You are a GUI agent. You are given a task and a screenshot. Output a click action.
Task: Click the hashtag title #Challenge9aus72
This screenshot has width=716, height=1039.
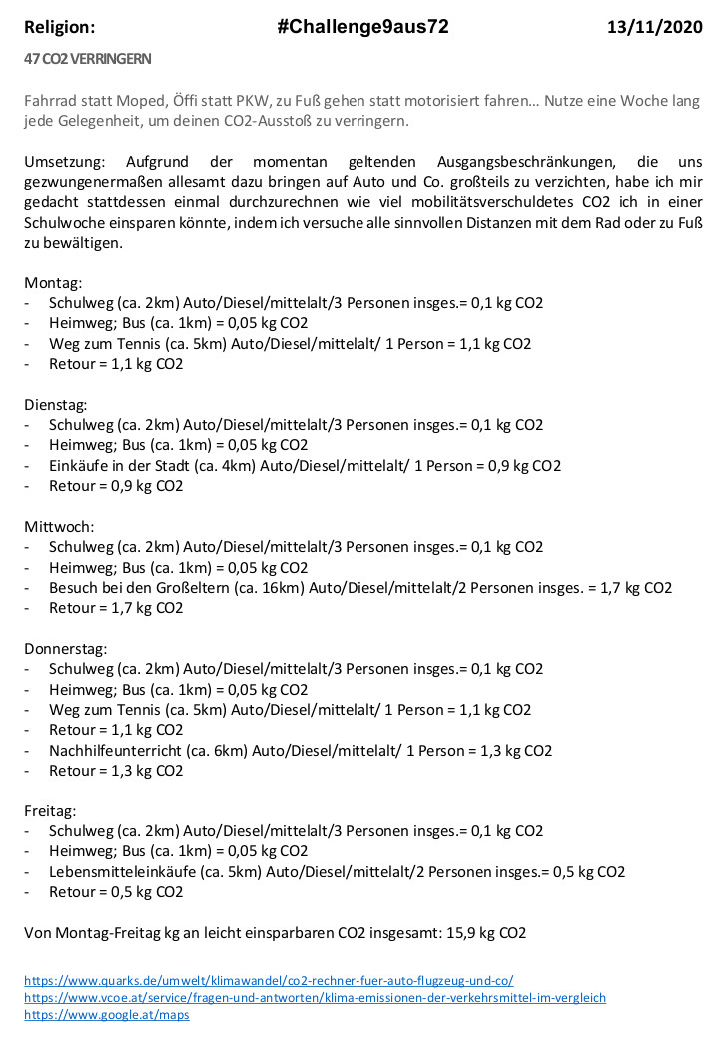(362, 27)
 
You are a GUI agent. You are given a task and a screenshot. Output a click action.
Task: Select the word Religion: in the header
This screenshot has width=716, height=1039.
(60, 27)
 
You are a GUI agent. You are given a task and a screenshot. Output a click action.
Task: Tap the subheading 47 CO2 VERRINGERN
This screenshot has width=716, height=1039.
(88, 59)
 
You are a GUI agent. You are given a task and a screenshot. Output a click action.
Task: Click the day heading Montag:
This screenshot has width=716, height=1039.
(53, 283)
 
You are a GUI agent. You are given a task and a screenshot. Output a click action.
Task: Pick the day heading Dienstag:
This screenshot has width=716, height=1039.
(56, 405)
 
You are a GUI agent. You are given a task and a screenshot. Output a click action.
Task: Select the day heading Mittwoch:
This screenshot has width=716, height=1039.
(59, 527)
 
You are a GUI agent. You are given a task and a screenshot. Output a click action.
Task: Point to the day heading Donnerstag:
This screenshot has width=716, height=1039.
(65, 649)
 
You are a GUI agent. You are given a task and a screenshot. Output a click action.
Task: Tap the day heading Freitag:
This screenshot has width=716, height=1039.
(50, 810)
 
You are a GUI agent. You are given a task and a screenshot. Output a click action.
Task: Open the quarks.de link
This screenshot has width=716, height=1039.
(269, 981)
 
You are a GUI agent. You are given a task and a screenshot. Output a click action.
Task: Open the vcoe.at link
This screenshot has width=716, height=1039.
(315, 998)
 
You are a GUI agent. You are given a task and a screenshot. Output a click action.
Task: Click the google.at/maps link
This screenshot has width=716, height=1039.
(106, 1015)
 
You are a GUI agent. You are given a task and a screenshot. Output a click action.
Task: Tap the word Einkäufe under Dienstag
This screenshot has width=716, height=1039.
(77, 466)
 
